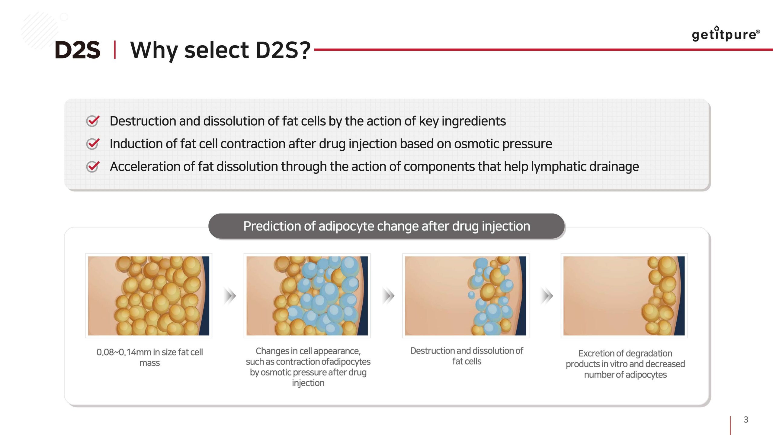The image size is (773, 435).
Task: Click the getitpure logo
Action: tap(726, 34)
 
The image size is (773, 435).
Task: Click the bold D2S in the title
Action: tap(77, 50)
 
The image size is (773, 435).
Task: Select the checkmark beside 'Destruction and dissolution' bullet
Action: tap(93, 121)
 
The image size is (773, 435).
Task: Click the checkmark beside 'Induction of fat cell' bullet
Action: tap(93, 144)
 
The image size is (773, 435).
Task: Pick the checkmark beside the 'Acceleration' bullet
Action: tap(93, 166)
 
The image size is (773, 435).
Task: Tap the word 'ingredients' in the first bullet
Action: tap(473, 121)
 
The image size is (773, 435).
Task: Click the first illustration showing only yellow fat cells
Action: tap(149, 296)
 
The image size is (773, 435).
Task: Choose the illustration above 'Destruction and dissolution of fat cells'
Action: tap(466, 296)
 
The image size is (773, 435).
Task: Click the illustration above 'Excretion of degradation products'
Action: tap(624, 296)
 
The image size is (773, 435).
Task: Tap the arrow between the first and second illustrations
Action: tap(230, 296)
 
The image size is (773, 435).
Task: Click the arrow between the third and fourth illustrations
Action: tap(547, 296)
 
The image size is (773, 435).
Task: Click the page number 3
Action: tap(746, 420)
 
